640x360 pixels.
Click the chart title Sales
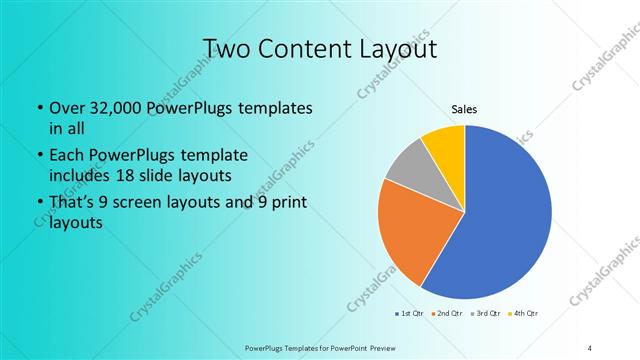tap(465, 108)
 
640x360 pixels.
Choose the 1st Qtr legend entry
tap(409, 314)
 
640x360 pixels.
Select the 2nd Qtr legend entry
tap(447, 314)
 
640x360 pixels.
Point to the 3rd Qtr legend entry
tap(485, 314)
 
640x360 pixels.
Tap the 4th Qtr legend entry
tap(524, 314)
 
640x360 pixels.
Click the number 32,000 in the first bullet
tap(116, 107)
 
